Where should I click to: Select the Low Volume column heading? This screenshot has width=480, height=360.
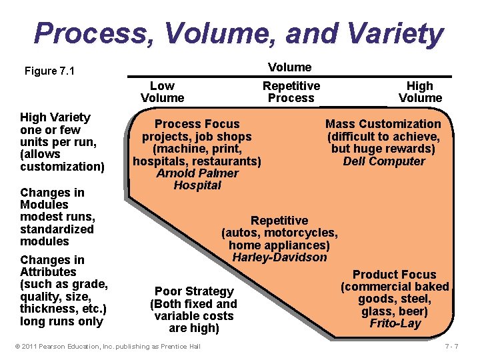pyautogui.click(x=162, y=92)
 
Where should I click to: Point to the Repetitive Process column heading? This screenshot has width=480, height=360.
pyautogui.click(x=291, y=92)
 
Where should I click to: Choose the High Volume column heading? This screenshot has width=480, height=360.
pyautogui.click(x=420, y=92)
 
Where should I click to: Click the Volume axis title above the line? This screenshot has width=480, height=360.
pyautogui.click(x=289, y=67)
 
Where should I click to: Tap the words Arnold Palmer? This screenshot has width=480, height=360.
pyautogui.click(x=197, y=173)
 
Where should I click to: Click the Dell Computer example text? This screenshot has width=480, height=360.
pyautogui.click(x=383, y=161)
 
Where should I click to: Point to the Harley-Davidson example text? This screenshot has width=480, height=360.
pyautogui.click(x=279, y=257)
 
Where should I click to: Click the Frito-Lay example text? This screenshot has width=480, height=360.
pyautogui.click(x=395, y=324)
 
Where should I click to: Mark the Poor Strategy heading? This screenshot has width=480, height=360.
pyautogui.click(x=194, y=291)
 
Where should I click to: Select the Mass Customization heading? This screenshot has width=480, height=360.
pyautogui.click(x=383, y=124)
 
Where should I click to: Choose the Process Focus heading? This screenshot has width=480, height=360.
pyautogui.click(x=197, y=124)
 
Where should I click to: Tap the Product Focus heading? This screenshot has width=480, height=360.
pyautogui.click(x=394, y=275)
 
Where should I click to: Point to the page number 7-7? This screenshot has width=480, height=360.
pyautogui.click(x=451, y=346)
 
